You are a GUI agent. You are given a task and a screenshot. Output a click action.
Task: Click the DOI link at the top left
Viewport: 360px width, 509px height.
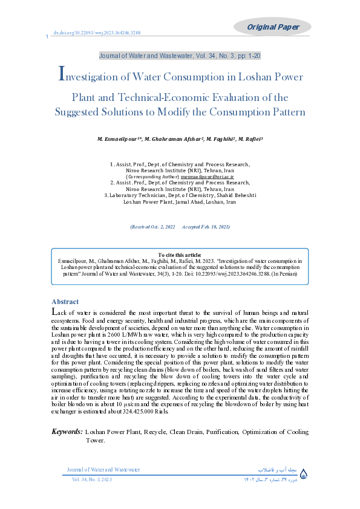[97, 33]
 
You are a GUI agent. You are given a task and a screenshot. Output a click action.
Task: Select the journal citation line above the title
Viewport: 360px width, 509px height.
[180, 56]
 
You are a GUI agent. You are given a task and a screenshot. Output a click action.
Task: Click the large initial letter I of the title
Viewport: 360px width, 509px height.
[61, 75]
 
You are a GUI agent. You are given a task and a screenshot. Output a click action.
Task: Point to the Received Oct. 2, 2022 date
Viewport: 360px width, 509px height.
[152, 227]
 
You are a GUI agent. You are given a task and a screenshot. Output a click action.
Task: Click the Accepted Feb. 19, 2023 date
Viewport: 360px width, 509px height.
[206, 227]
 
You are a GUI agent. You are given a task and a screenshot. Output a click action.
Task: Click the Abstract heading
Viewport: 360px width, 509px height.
[65, 302]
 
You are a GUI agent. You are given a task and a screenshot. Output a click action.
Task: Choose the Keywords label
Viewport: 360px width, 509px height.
[67, 432]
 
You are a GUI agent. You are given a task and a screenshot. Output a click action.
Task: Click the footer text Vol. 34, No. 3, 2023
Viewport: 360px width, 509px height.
[91, 479]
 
